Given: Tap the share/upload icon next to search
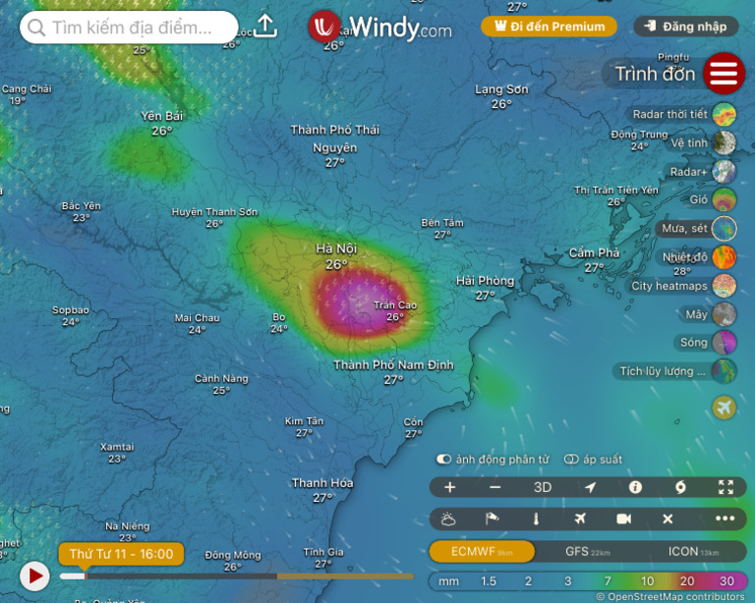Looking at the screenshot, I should click(x=265, y=27).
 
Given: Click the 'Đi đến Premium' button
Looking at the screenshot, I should click(x=549, y=27).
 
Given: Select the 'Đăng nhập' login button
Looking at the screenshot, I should click(x=687, y=27).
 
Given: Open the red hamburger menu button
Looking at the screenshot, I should click(x=724, y=74).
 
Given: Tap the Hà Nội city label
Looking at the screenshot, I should click(x=336, y=249).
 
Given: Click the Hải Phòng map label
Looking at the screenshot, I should click(x=485, y=282).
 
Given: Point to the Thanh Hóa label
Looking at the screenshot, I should click(x=322, y=483).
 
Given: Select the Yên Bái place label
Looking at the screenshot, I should click(x=162, y=116).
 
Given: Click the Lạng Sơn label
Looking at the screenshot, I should click(x=501, y=89).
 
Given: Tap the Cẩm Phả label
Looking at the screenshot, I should click(x=595, y=253).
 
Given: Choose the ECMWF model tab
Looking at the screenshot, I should click(x=482, y=552).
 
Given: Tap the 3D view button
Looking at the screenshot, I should click(x=543, y=487).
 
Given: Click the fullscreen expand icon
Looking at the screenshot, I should click(x=726, y=487).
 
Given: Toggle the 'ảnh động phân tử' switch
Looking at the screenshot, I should click(x=444, y=459).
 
